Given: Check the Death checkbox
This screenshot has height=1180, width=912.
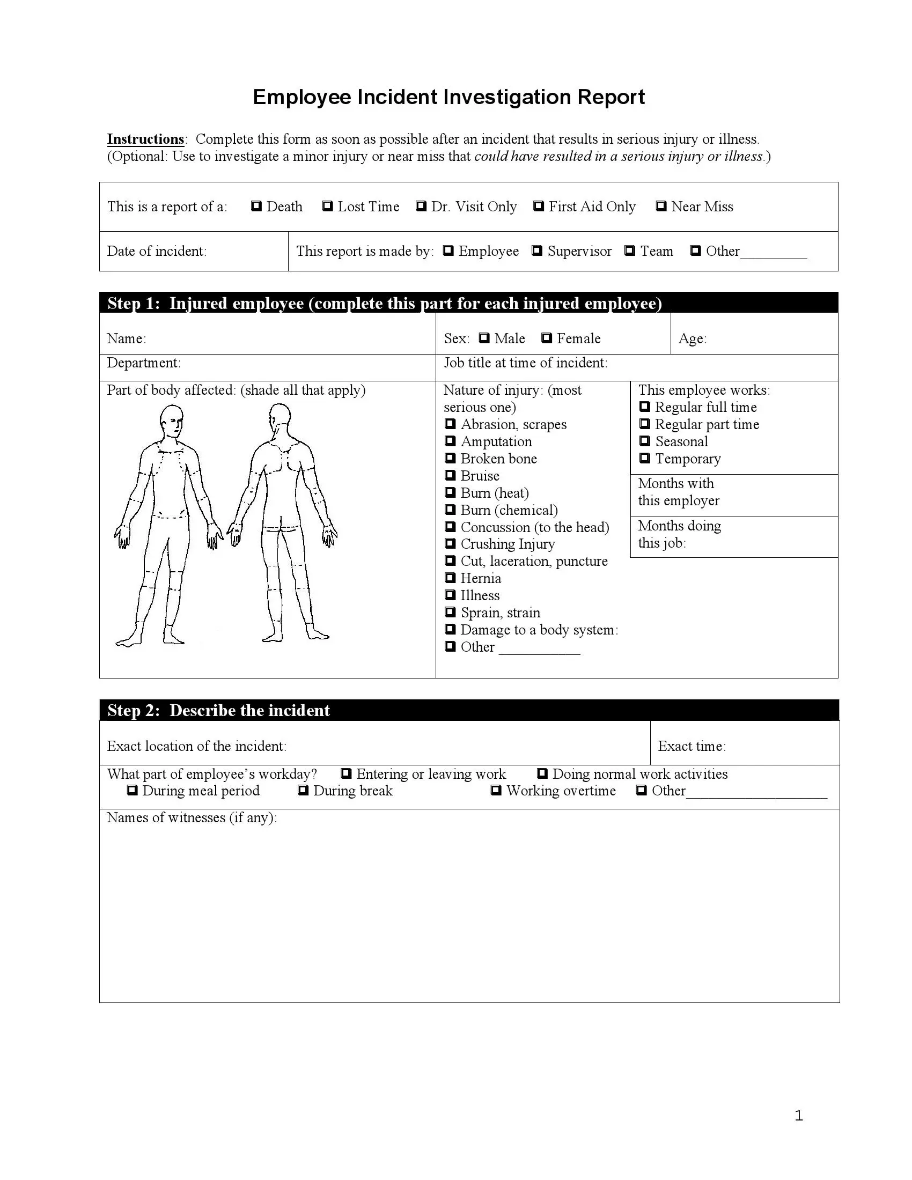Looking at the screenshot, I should click(256, 206).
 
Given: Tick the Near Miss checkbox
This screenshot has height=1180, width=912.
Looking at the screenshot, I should click(661, 206).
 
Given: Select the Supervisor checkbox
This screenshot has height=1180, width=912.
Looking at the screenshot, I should click(536, 250).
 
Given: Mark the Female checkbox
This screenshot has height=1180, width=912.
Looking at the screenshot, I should click(546, 338).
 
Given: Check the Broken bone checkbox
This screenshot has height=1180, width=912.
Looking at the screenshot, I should click(450, 458).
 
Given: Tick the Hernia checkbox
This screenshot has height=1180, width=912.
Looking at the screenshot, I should click(450, 578).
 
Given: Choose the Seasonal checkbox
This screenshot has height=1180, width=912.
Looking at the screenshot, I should click(644, 441).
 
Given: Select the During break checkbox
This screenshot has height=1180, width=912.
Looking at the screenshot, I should click(303, 791).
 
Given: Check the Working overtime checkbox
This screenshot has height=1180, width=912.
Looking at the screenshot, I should click(496, 791).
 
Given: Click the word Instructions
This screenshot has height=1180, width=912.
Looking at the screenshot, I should click(145, 139).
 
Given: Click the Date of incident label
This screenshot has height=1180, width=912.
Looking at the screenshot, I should click(157, 251).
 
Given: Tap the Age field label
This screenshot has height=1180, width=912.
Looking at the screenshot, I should click(692, 339).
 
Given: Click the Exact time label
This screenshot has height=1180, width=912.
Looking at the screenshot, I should click(692, 746).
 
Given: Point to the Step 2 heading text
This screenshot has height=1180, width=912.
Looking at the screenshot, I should click(218, 710).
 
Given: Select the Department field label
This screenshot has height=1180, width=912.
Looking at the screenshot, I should click(144, 363).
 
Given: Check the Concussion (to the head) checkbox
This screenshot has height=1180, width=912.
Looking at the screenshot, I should click(450, 527).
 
